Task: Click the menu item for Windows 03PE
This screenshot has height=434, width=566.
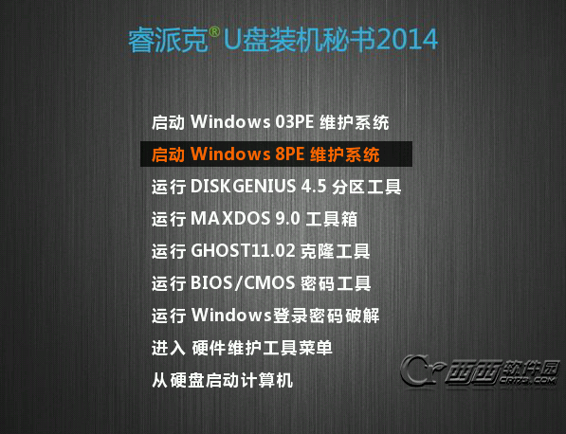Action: pos(270,122)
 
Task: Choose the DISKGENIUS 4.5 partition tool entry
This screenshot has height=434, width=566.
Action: pos(276,187)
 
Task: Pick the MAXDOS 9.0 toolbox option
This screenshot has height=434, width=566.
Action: pos(254,219)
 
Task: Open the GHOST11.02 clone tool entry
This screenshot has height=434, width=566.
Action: pos(261,251)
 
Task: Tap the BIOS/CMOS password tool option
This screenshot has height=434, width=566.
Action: pos(261,283)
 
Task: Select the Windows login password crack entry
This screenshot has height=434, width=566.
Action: pos(265,316)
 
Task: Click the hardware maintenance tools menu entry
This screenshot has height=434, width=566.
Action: pos(242,348)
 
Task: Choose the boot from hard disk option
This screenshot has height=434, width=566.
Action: pos(222,380)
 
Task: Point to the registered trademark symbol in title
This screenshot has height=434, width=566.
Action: pos(214,32)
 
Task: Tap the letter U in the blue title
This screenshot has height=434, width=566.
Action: pos(231,39)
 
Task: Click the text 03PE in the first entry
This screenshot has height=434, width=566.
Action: pos(294,122)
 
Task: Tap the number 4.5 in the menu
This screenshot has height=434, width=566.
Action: pos(314,186)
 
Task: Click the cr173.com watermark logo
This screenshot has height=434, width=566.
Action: pos(480,371)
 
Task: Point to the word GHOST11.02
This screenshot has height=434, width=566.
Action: pos(243,251)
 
